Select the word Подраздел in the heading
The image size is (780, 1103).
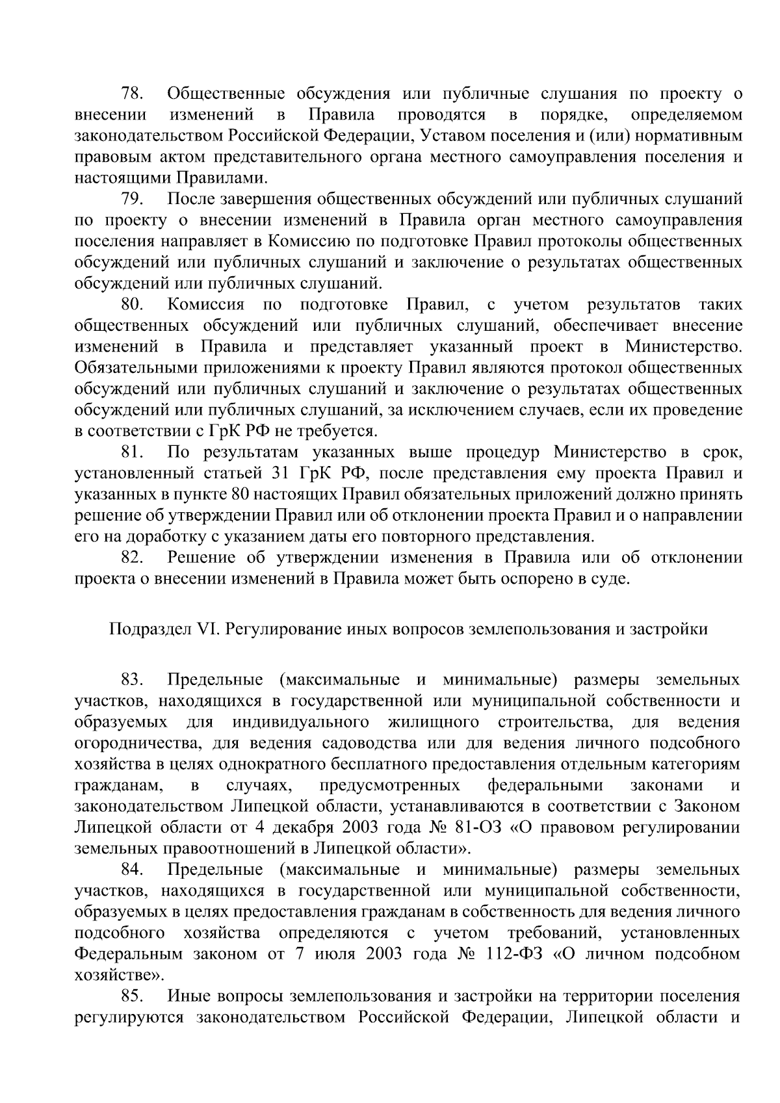coord(145,629)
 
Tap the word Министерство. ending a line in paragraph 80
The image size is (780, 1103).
coord(684,347)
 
